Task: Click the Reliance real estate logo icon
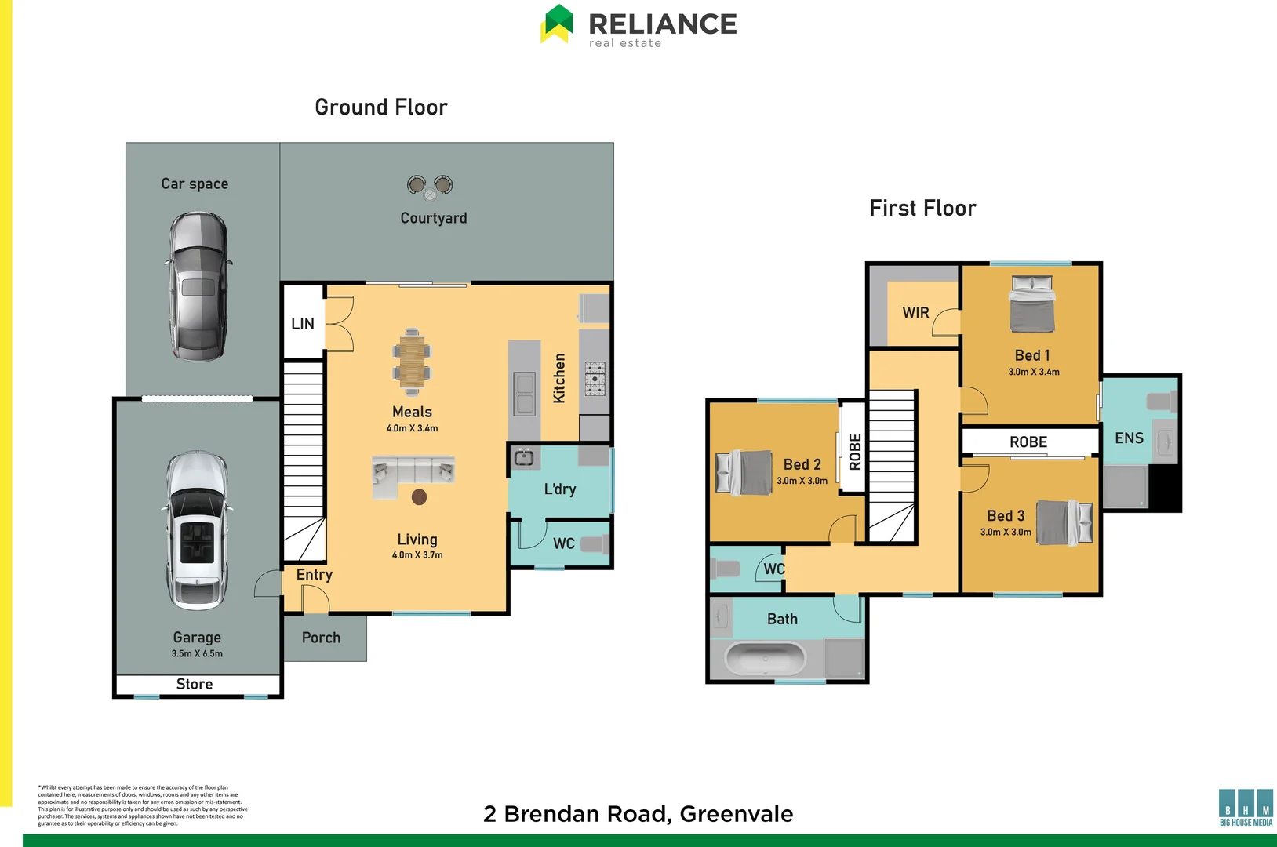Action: (x=558, y=24)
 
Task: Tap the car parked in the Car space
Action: (x=198, y=286)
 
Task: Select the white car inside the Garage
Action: (x=197, y=531)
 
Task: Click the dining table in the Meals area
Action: (x=412, y=362)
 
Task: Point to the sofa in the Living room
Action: (x=413, y=474)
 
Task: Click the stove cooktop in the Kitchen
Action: (x=595, y=378)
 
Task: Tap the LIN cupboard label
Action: (x=303, y=324)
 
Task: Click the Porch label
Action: (x=321, y=638)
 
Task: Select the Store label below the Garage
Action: (x=195, y=684)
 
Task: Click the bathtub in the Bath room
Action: (x=765, y=658)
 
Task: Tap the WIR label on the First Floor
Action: (x=915, y=312)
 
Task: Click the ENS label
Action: (x=1129, y=438)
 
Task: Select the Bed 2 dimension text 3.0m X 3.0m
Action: (x=802, y=481)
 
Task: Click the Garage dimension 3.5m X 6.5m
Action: (x=197, y=653)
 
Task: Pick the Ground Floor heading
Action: (x=381, y=107)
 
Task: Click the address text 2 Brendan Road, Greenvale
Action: (x=638, y=814)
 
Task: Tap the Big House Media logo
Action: (x=1246, y=808)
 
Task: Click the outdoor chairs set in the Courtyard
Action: (x=430, y=187)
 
